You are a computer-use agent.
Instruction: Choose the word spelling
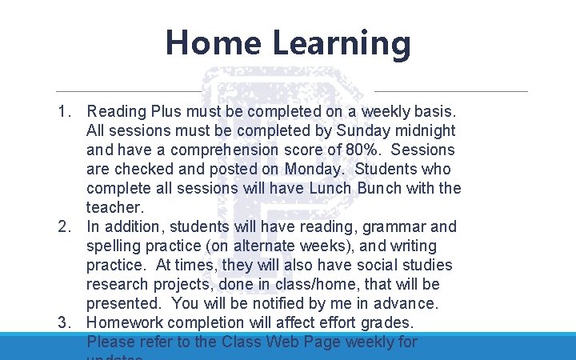point(114,246)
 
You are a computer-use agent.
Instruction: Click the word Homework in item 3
point(126,322)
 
